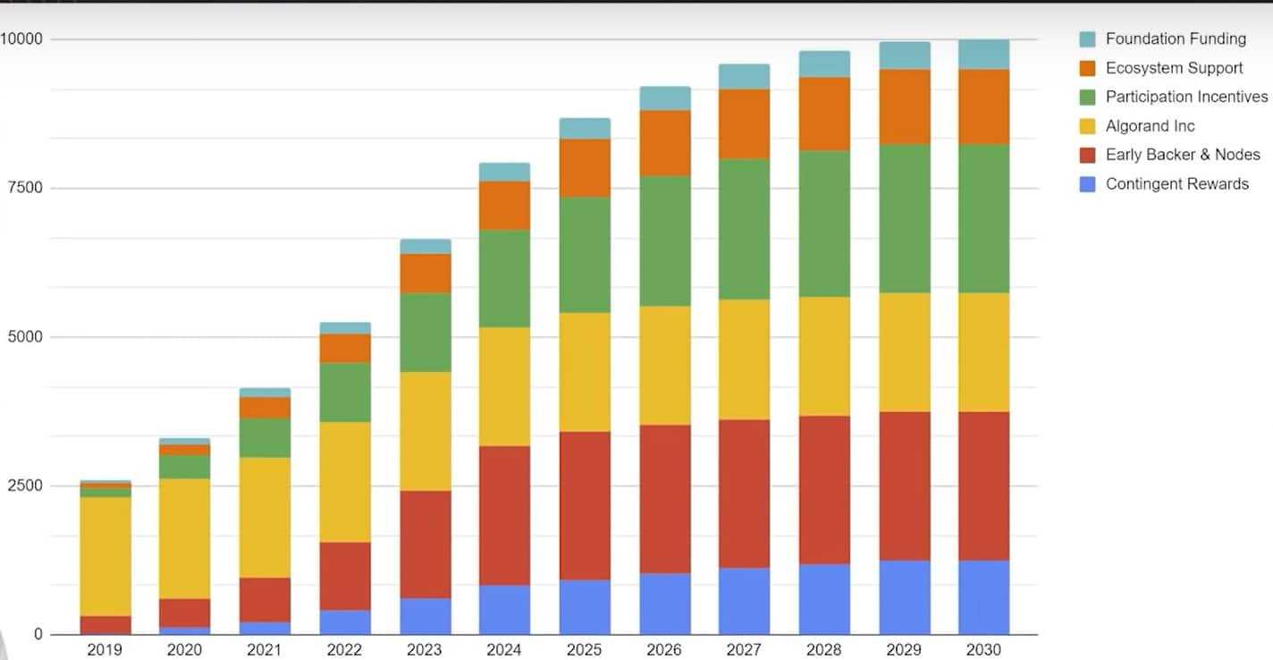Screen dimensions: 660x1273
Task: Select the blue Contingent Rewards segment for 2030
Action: click(984, 597)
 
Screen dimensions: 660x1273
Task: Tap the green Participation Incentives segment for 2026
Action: click(665, 241)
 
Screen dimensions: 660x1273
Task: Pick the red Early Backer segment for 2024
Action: click(504, 515)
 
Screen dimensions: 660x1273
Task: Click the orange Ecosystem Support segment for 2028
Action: click(824, 114)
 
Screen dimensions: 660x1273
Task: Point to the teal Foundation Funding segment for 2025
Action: click(585, 128)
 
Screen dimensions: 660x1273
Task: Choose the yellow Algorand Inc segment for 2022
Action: click(345, 481)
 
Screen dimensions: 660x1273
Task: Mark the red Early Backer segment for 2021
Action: click(265, 599)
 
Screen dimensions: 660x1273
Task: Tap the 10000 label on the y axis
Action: click(21, 38)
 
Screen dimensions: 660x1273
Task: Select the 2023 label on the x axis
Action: click(425, 650)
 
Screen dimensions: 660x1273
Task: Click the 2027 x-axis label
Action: click(744, 650)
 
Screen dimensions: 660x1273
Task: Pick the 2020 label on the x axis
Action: click(185, 650)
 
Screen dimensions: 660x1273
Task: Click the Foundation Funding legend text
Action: click(1175, 38)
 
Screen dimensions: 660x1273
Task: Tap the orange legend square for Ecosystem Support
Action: click(1087, 68)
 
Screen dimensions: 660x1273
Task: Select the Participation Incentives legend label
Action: click(1186, 97)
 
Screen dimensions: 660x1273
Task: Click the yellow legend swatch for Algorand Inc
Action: click(1087, 126)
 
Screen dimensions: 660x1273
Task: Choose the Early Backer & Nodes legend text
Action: click(1182, 155)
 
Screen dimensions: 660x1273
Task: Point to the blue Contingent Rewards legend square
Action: click(1087, 184)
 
